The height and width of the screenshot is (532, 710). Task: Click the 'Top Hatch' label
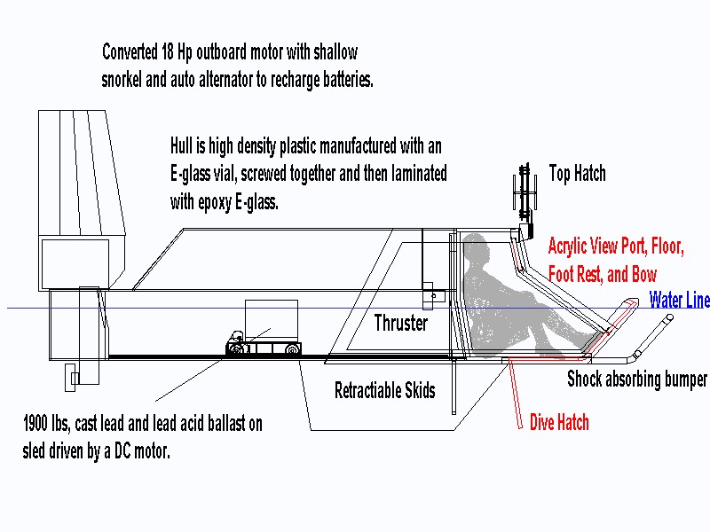(x=577, y=173)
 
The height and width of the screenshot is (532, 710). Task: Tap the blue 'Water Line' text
(x=679, y=300)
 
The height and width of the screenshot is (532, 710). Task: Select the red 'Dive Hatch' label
(x=559, y=422)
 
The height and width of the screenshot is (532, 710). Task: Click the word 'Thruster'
(x=400, y=323)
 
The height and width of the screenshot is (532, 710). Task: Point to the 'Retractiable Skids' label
(x=385, y=390)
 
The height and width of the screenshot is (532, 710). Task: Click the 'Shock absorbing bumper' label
(x=637, y=379)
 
